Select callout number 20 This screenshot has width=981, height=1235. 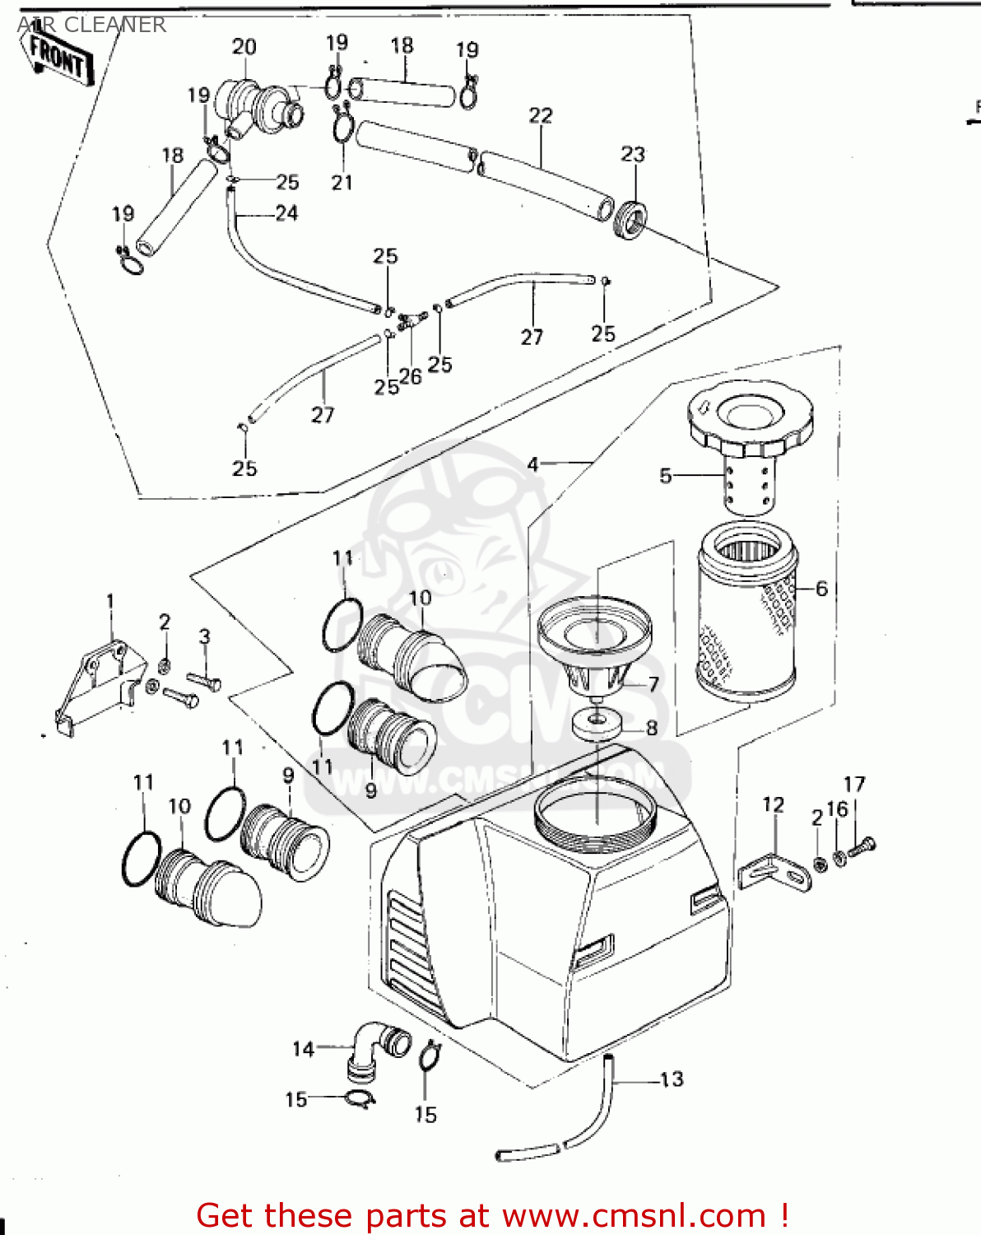pos(244,47)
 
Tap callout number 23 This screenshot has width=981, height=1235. pos(632,154)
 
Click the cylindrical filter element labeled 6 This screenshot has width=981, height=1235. pos(746,613)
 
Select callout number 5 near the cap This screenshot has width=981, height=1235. pos(665,475)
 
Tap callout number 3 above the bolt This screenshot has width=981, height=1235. pos(204,636)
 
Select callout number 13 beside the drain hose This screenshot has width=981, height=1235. pos(672,1079)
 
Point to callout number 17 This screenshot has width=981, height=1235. pos(854,784)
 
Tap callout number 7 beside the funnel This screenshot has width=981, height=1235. pos(653,684)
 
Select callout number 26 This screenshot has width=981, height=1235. pos(410,376)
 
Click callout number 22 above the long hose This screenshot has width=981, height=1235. pos(540,115)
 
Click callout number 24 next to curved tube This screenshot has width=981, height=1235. pos(286,213)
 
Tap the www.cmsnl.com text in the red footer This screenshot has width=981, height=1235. pos(634,1215)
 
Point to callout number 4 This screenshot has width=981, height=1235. pos(532,464)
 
